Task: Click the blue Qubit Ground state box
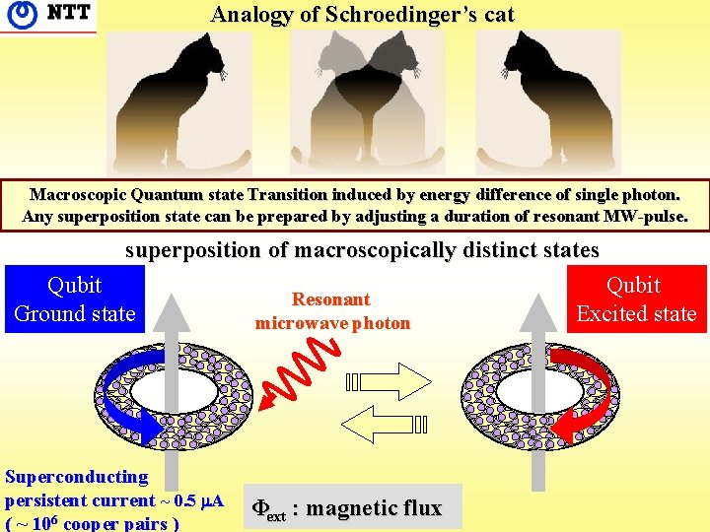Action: click(75, 299)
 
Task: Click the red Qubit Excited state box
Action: click(636, 299)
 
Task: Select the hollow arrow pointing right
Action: click(390, 380)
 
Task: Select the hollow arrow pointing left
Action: click(390, 425)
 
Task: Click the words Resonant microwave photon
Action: click(331, 310)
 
